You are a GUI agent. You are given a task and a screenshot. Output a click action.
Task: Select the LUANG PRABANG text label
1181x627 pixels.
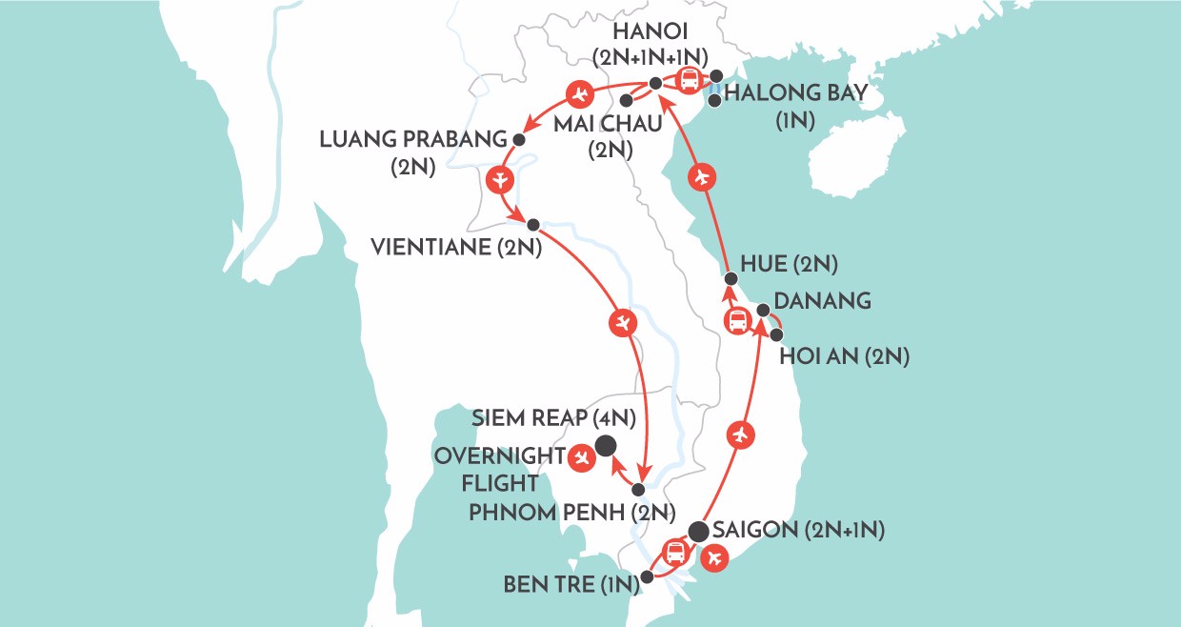click(x=413, y=140)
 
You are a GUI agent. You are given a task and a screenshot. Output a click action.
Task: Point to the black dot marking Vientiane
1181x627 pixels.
click(x=533, y=225)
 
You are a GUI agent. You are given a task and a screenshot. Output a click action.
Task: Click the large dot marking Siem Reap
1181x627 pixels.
click(x=605, y=445)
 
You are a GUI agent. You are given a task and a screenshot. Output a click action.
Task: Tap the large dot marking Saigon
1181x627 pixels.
click(x=698, y=532)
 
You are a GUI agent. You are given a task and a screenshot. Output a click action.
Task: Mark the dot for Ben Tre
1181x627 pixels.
click(x=648, y=576)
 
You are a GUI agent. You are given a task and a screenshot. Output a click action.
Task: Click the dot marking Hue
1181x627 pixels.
click(x=731, y=279)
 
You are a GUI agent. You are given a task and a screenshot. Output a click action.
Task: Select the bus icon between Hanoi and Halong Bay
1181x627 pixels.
click(x=691, y=80)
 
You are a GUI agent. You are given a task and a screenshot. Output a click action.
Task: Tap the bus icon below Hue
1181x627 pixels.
click(x=738, y=322)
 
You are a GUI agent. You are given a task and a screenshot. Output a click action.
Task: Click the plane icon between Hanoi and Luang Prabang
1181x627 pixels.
click(x=579, y=94)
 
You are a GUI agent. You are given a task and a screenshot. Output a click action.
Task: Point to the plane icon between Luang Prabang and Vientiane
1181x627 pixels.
click(x=499, y=180)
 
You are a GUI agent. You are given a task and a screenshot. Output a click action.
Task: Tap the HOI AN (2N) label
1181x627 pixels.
click(x=844, y=357)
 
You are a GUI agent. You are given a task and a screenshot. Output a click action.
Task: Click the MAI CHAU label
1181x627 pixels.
click(x=597, y=124)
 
